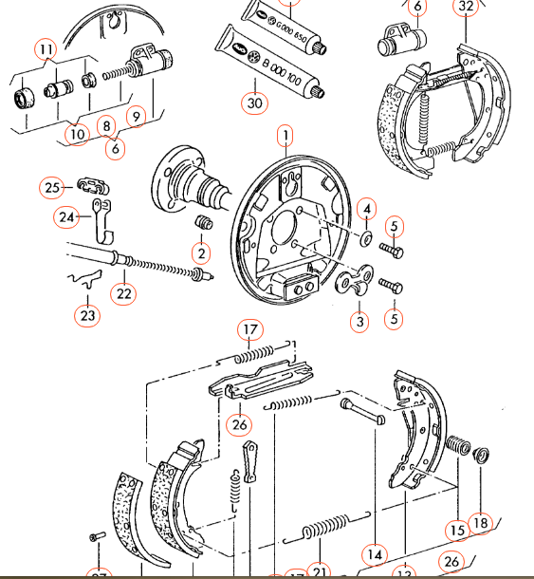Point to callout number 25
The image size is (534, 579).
click(x=52, y=187)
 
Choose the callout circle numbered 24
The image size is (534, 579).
click(x=65, y=217)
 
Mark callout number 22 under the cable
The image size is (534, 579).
click(x=125, y=292)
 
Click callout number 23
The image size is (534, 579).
click(x=88, y=314)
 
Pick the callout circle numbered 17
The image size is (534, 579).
click(x=249, y=330)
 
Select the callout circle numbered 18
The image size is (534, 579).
click(x=482, y=521)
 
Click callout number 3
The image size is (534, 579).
click(x=359, y=322)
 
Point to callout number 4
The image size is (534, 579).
click(x=367, y=209)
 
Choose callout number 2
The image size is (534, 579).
click(x=200, y=253)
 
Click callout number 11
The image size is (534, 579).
click(x=46, y=48)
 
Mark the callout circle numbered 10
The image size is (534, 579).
click(x=78, y=133)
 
